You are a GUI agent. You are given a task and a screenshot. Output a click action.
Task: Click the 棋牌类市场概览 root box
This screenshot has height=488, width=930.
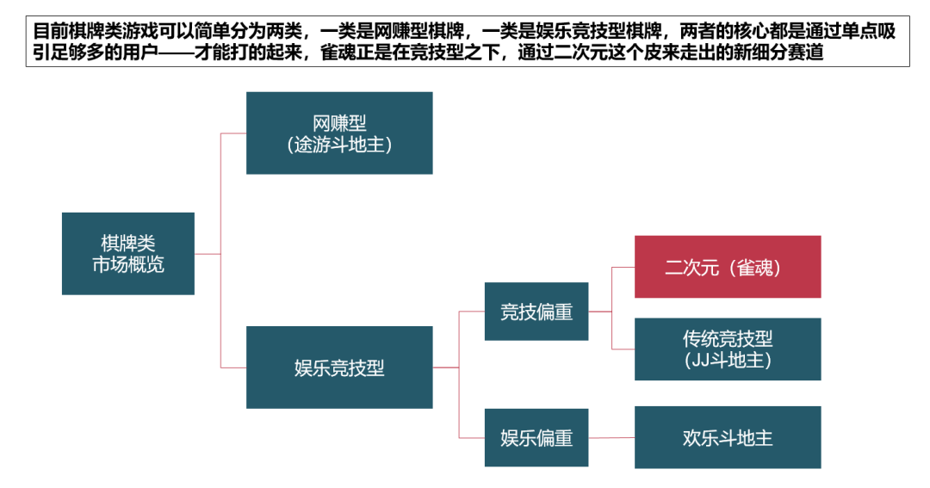pos(127,253)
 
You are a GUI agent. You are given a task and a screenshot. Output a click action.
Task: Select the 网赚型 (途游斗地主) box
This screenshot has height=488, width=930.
pos(339,133)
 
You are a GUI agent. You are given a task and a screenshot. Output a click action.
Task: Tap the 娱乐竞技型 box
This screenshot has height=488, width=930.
pos(339,368)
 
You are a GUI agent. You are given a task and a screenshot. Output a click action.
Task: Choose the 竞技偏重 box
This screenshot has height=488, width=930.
pos(536,312)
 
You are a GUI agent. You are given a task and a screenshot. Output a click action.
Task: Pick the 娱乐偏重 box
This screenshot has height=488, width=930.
pos(536,437)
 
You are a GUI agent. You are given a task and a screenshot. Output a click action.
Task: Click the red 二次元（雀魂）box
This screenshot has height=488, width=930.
pos(728,267)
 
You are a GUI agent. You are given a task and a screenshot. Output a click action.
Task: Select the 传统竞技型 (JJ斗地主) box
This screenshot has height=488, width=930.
pos(728,349)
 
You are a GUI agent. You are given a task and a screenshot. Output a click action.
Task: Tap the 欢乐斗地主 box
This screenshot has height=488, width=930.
pos(728,437)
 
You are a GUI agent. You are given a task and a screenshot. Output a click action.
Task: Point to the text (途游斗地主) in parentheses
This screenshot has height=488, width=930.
pos(339,145)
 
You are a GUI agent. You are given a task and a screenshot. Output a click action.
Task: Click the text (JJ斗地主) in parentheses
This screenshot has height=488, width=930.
pos(728,361)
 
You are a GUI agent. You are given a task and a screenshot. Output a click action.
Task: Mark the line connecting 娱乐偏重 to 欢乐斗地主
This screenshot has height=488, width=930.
pos(611,437)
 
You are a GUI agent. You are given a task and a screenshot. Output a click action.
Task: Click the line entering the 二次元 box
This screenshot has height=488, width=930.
pos(623,267)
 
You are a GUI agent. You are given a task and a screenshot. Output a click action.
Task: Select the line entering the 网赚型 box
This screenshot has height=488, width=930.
pos(234,133)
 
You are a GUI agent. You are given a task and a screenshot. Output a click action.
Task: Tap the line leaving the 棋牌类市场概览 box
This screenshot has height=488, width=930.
pos(207,254)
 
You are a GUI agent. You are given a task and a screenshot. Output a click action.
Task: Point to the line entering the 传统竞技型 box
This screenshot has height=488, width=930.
pos(623,349)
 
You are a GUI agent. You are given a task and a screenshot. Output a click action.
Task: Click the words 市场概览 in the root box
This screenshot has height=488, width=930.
pos(127,264)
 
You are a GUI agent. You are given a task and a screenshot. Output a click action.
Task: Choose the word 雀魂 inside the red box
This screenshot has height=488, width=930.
pos(758,268)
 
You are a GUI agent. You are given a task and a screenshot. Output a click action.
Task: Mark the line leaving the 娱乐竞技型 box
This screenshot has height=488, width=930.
pos(445,368)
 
